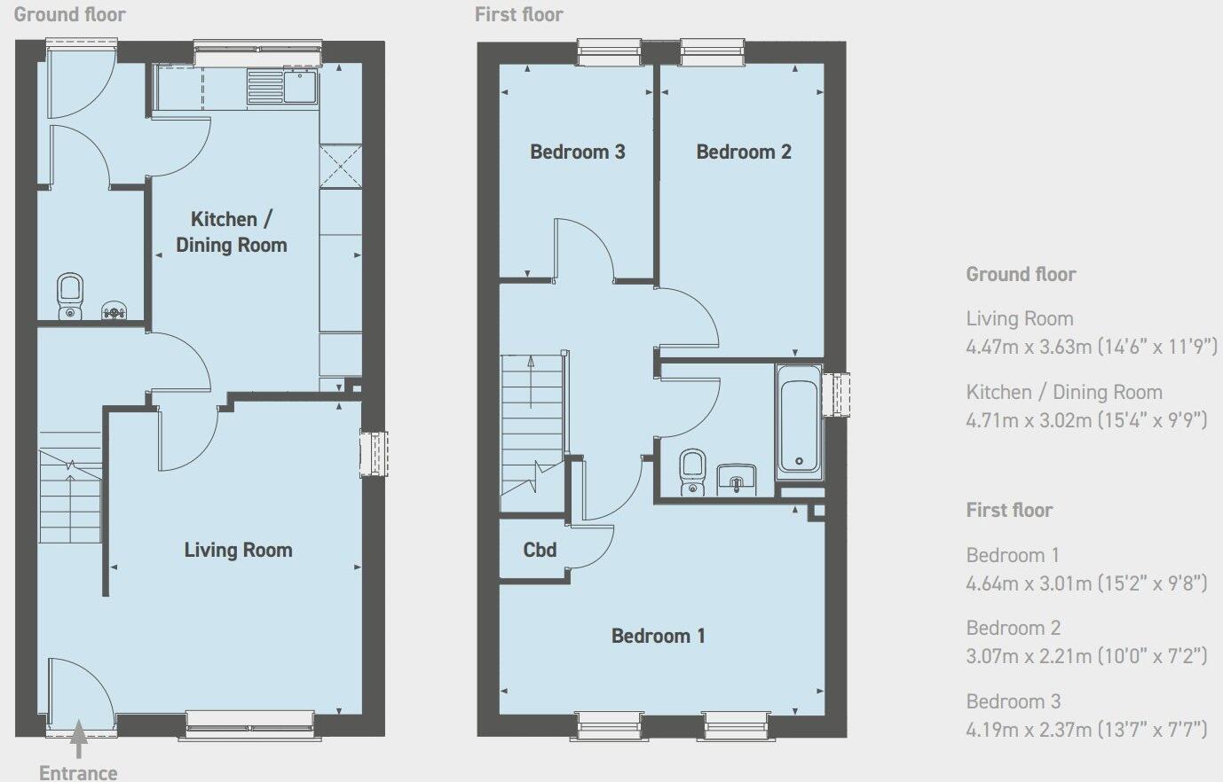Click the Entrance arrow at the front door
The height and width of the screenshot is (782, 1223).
click(x=78, y=739)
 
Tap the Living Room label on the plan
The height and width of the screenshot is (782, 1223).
click(x=238, y=550)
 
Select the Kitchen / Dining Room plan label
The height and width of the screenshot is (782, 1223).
click(x=231, y=231)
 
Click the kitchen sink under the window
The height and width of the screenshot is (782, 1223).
click(x=301, y=87)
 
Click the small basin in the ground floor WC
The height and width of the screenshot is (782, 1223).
click(x=114, y=310)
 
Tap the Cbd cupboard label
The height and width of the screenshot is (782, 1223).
click(x=540, y=550)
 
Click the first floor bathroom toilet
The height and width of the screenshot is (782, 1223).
click(x=691, y=471)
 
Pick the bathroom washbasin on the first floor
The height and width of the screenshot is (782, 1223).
click(x=735, y=478)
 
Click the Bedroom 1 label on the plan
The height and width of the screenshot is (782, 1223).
click(x=658, y=636)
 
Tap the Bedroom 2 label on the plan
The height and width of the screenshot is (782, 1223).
click(x=743, y=152)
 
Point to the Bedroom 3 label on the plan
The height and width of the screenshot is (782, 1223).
click(x=577, y=152)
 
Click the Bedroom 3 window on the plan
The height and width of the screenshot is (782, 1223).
click(x=609, y=52)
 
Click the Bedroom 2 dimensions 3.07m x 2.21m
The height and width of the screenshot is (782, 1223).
click(x=1086, y=655)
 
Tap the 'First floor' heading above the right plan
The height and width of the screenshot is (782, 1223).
click(x=518, y=14)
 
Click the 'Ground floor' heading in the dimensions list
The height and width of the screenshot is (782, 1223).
click(x=1021, y=274)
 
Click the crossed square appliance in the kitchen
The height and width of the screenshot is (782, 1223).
click(x=341, y=166)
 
